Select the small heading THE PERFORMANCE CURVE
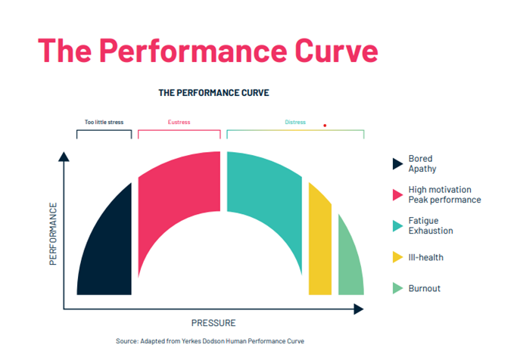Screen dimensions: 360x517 click(x=213, y=93)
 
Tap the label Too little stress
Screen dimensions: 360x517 click(x=104, y=122)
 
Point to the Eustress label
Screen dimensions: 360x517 click(x=179, y=122)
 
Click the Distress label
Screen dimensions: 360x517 click(x=295, y=122)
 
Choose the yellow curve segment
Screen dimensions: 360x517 click(x=319, y=242)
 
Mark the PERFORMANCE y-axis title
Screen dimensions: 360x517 click(x=53, y=232)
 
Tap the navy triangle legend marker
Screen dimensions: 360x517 click(x=397, y=164)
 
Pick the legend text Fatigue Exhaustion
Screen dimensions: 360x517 click(x=431, y=225)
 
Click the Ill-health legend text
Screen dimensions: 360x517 click(x=425, y=257)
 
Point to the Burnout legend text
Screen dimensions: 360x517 click(x=424, y=288)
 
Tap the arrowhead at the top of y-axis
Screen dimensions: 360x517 click(x=64, y=157)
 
